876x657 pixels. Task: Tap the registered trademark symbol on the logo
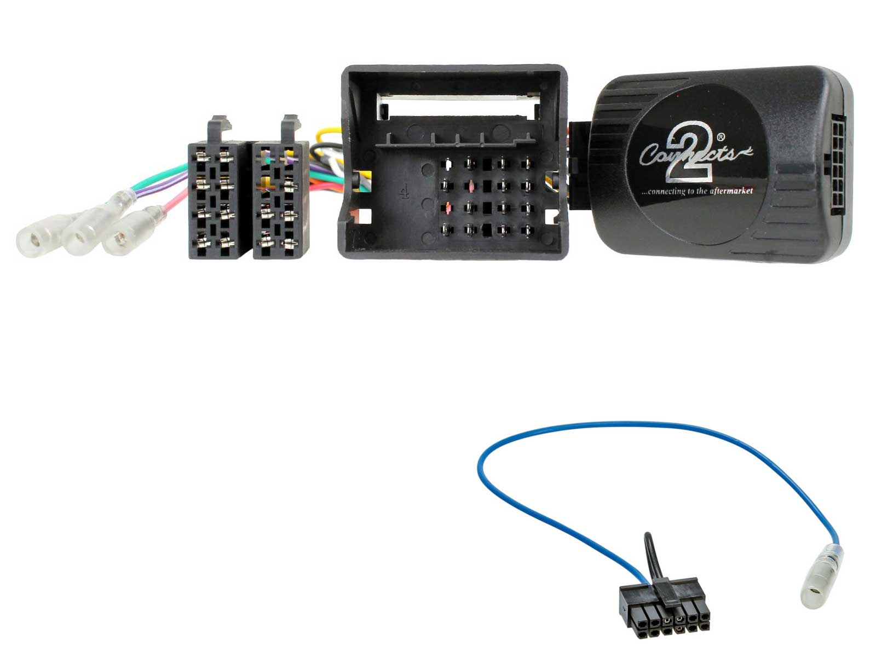[721, 136]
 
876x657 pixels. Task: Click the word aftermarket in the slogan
[731, 191]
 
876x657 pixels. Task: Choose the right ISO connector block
[280, 200]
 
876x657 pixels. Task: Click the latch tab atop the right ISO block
[290, 127]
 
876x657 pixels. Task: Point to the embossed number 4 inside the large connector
[405, 192]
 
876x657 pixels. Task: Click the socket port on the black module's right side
[835, 164]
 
